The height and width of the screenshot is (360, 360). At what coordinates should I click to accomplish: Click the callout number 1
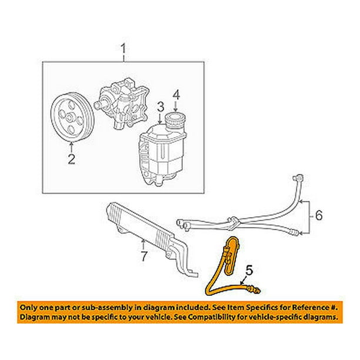tap(124, 52)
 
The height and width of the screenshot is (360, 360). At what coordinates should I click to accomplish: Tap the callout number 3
tap(159, 106)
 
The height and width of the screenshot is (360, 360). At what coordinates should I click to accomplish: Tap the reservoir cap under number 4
tap(175, 120)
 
